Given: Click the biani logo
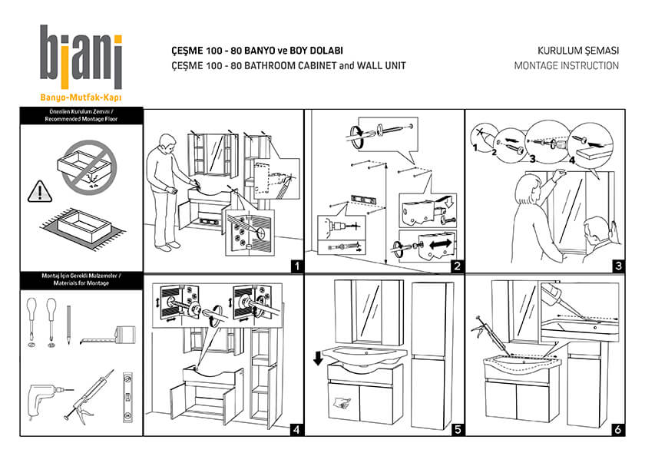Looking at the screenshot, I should pos(81,58).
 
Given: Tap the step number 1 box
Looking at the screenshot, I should pos(296,267).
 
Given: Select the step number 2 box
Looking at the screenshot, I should pos(456,267).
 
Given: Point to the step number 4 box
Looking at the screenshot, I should pos(296,429).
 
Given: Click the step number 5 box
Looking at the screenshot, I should pos(456,429).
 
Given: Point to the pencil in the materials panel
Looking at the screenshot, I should pos(68,323).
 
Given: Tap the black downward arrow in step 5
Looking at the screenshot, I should pos(319,358).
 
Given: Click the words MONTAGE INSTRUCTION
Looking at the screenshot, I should pos(566,66).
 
